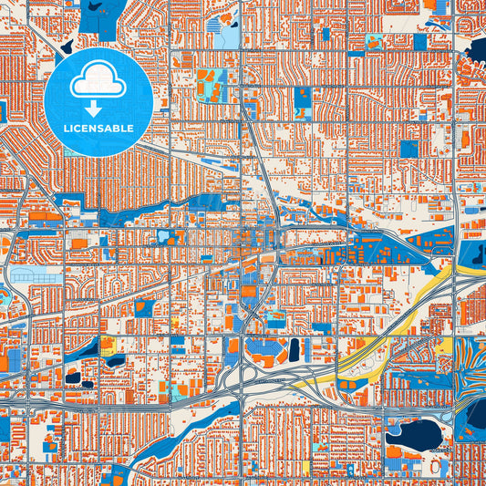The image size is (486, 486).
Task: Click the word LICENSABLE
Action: coord(98,129)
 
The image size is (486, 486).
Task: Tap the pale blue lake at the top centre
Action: coord(226,36)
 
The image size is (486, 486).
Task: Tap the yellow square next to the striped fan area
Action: coord(444,346)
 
